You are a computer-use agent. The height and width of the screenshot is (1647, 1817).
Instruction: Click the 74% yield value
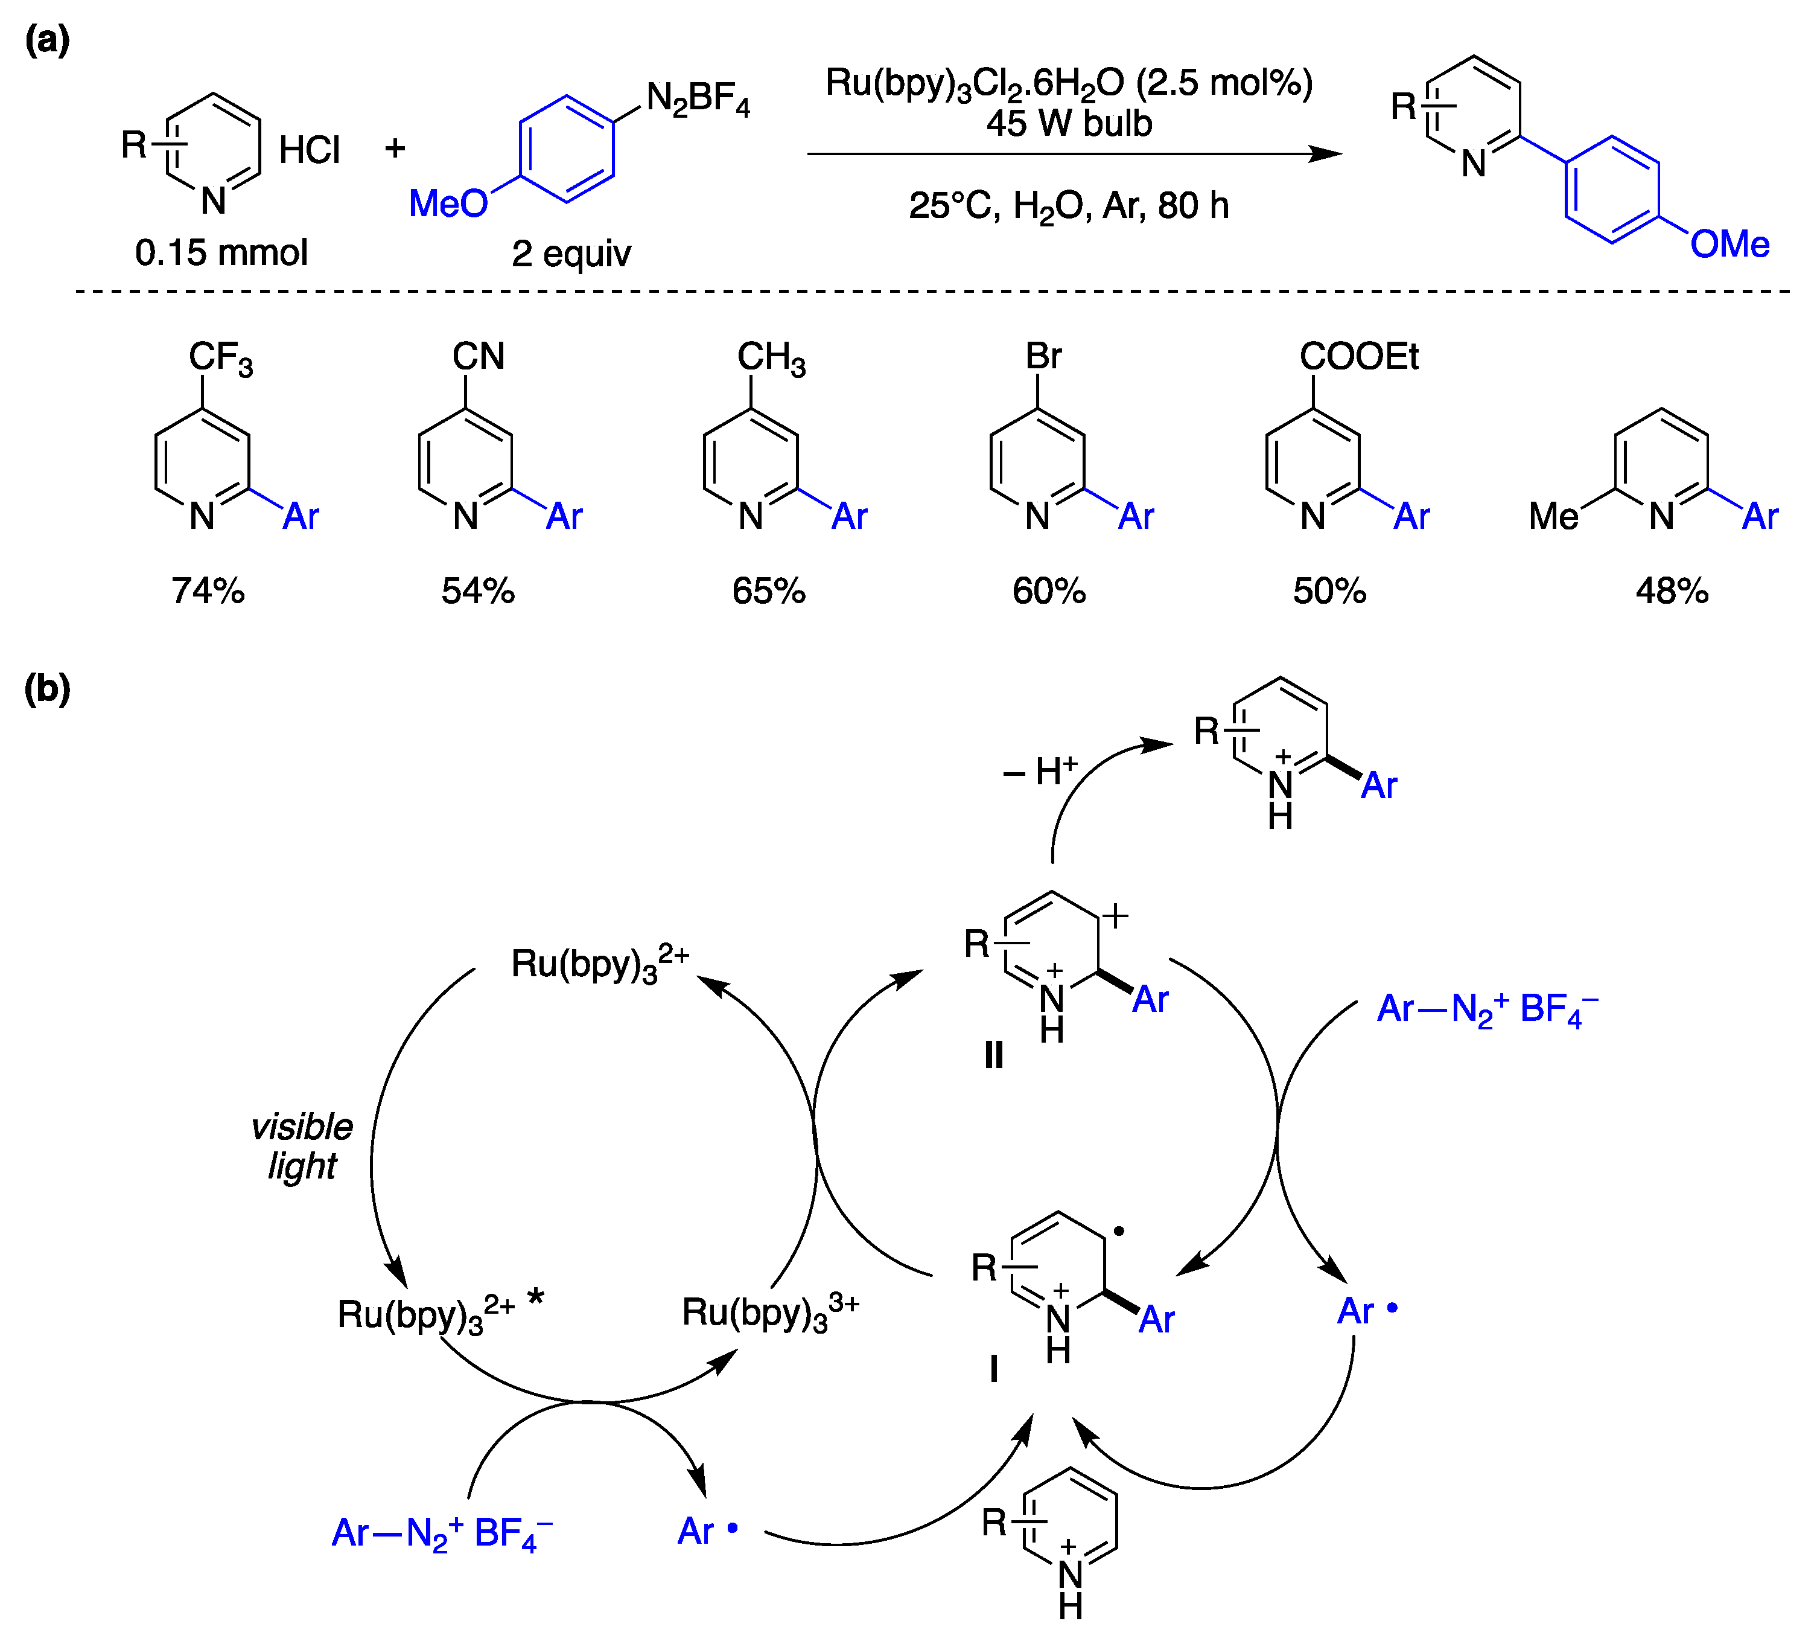pyautogui.click(x=208, y=592)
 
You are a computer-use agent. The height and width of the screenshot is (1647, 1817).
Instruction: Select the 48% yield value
pyautogui.click(x=1672, y=592)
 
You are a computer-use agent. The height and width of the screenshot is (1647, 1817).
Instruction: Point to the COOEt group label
pyautogui.click(x=1358, y=357)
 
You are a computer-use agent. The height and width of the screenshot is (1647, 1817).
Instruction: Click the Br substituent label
pyautogui.click(x=1044, y=356)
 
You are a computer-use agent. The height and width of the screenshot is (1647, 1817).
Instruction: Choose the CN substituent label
pyautogui.click(x=479, y=356)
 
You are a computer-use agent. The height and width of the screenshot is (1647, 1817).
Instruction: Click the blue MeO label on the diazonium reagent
pyautogui.click(x=448, y=203)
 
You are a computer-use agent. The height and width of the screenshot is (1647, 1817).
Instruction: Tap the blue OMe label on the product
pyautogui.click(x=1729, y=245)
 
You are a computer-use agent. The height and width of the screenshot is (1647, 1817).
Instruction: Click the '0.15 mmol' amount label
pyautogui.click(x=221, y=252)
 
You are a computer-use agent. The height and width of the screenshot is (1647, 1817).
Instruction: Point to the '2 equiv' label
pyautogui.click(x=571, y=254)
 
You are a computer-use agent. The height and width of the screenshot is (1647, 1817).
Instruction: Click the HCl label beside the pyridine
pyautogui.click(x=309, y=150)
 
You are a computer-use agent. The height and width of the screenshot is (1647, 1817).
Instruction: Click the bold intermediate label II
pyautogui.click(x=993, y=1055)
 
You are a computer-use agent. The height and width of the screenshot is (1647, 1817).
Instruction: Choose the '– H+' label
pyautogui.click(x=1041, y=771)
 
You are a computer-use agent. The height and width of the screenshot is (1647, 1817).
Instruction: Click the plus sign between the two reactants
pyautogui.click(x=395, y=148)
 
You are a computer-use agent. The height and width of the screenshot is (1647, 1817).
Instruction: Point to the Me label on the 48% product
pyautogui.click(x=1554, y=517)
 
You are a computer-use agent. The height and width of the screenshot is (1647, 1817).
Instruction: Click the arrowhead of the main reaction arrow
pyautogui.click(x=1327, y=154)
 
